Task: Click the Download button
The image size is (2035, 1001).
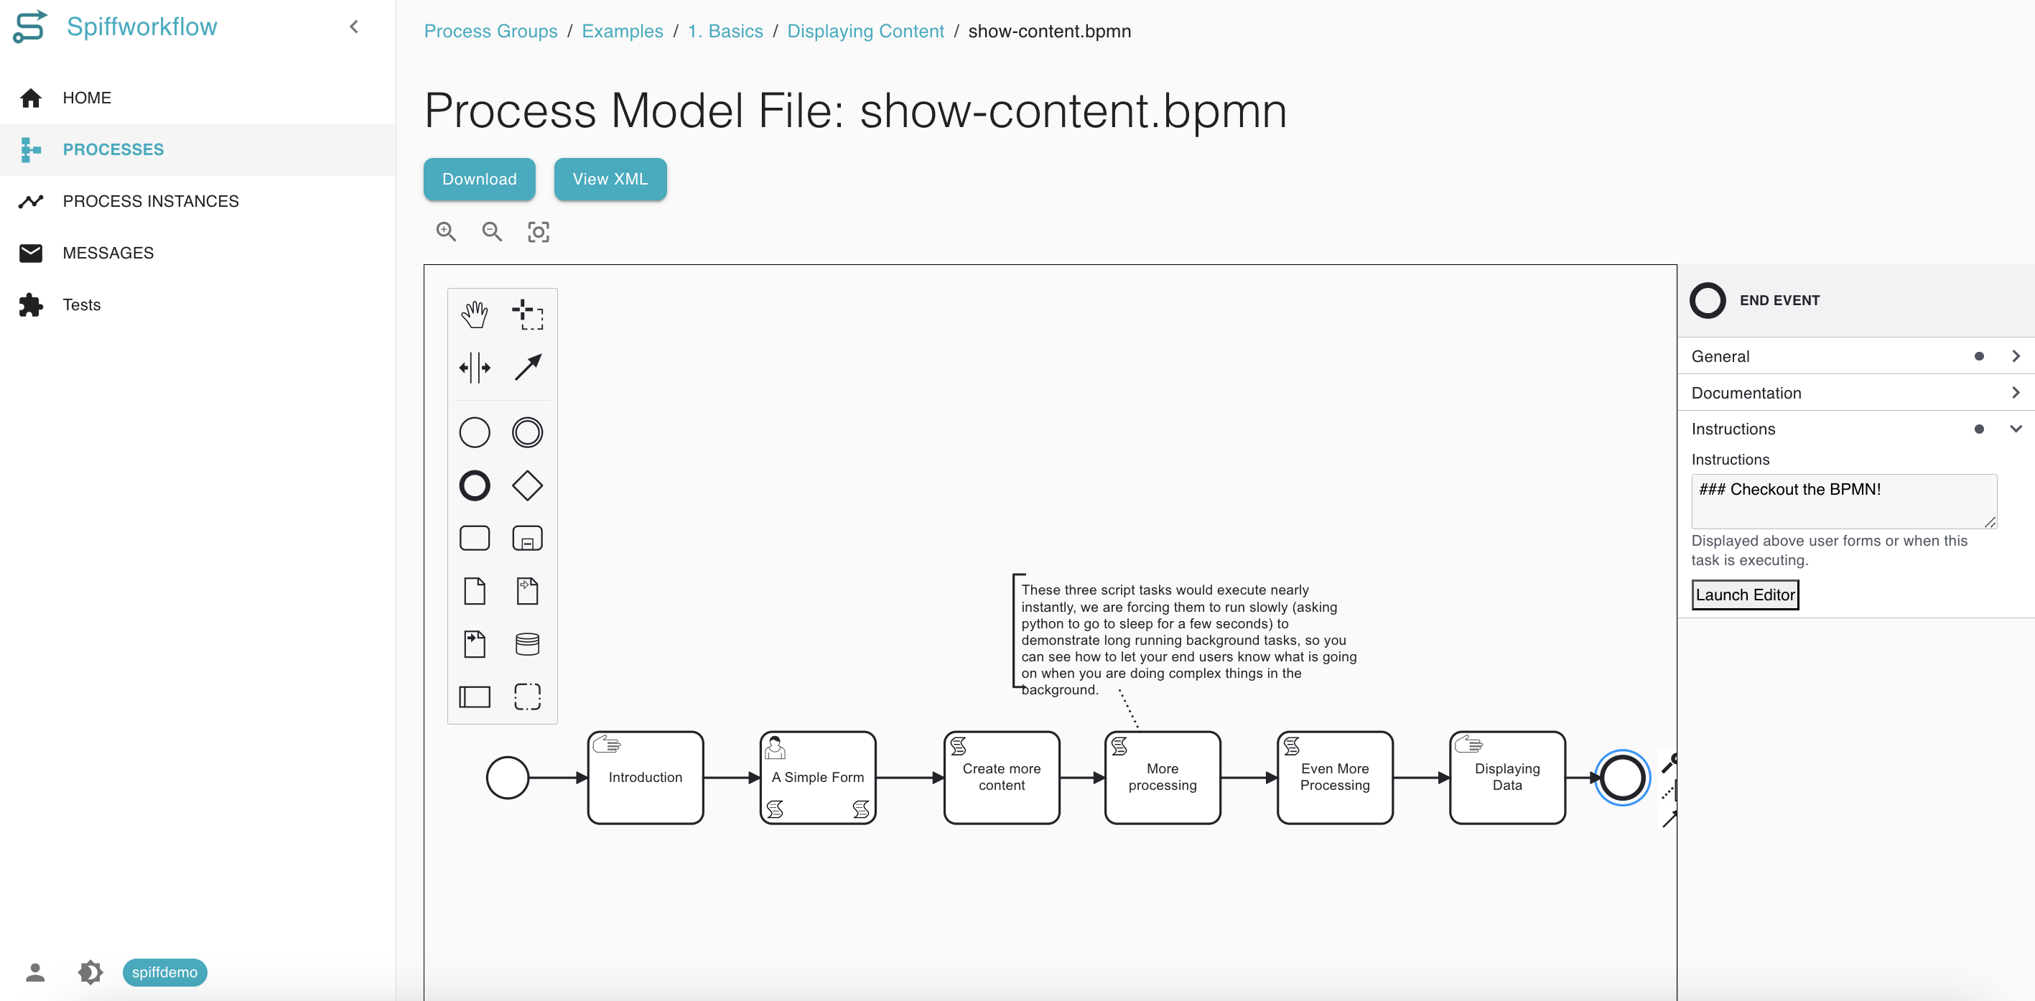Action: (479, 180)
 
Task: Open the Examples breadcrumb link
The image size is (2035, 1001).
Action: (623, 31)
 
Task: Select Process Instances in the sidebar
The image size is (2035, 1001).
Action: (150, 202)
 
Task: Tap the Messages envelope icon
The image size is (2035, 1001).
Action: (31, 253)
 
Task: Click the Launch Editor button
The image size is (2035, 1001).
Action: (1745, 595)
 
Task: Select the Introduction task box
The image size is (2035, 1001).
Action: (646, 778)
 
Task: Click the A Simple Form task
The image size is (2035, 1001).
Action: (818, 778)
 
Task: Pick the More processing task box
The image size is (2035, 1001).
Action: (1162, 778)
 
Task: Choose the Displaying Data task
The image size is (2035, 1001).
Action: (1507, 778)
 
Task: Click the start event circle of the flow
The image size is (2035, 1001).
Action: (507, 778)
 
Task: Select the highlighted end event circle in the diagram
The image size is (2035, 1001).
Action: (1622, 778)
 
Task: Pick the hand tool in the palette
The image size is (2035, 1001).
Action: (474, 315)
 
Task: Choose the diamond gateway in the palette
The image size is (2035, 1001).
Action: (527, 485)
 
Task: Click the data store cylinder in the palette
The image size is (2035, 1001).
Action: (527, 644)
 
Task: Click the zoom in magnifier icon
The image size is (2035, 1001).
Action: (447, 231)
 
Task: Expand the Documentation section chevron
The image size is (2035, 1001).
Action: (2015, 393)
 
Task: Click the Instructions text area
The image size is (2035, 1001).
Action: (1844, 501)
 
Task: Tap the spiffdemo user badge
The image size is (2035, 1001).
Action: (164, 972)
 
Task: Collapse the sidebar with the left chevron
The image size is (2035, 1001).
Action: (354, 27)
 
